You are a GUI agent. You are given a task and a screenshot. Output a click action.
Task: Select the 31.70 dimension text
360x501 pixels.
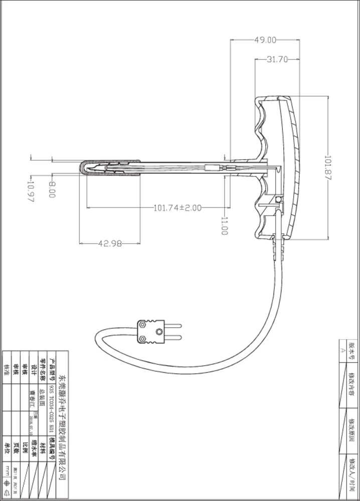pyautogui.click(x=277, y=59)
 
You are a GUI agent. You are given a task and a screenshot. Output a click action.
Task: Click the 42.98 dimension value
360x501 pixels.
pyautogui.click(x=109, y=243)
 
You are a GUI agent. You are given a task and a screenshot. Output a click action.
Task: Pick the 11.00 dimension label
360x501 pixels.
pyautogui.click(x=224, y=226)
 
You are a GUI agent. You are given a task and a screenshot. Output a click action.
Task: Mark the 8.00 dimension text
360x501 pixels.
pyautogui.click(x=52, y=190)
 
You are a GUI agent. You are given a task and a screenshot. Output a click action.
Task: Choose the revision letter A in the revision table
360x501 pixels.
pyautogui.click(x=343, y=351)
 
